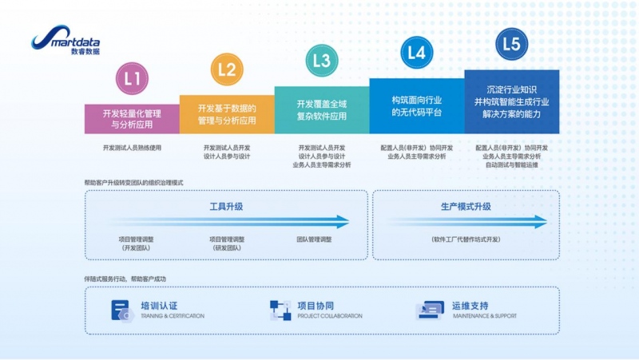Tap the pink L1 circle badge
coord(132,78)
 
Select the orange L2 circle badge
coord(227,69)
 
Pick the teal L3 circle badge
coord(322,60)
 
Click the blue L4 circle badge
coord(416,53)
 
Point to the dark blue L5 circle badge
coord(512,43)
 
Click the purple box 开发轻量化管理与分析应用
coord(132,118)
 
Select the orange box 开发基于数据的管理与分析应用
coord(227,114)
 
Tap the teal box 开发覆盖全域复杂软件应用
coord(322,109)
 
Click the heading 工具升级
coord(226,206)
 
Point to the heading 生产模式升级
coord(466,206)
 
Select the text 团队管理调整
coord(314,239)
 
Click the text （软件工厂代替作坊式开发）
coord(466,239)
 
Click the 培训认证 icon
coord(120,310)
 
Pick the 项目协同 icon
coord(280,310)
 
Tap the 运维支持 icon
coord(430,310)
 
